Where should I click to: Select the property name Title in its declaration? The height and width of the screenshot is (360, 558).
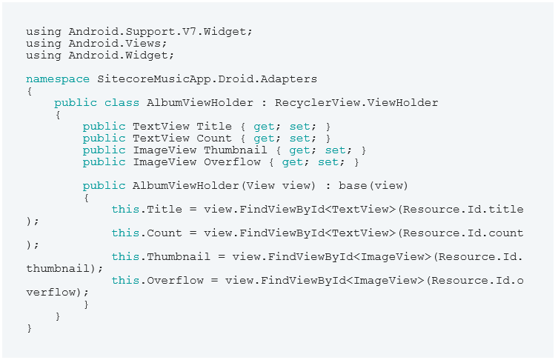[214, 127]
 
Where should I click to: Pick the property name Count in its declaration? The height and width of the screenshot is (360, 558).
[214, 139]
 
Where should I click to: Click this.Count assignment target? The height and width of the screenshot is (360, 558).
[147, 233]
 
